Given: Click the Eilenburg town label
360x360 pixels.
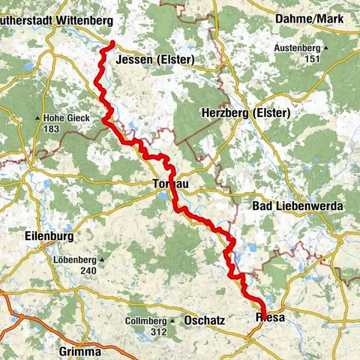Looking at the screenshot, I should [50, 236].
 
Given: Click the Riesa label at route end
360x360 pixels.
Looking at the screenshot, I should [270, 317].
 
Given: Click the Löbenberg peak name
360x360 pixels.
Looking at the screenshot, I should [75, 260].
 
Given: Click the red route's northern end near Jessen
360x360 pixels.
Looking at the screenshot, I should [112, 43].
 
